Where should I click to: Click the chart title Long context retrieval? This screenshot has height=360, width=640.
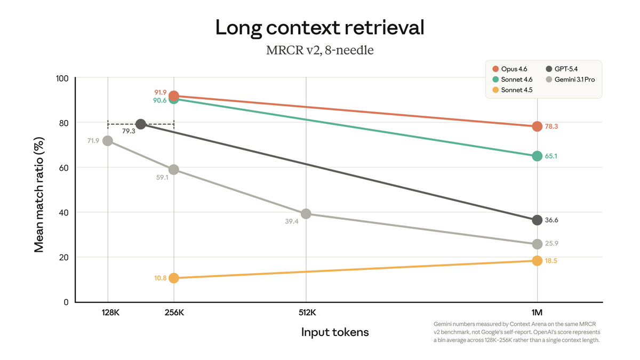click(319, 28)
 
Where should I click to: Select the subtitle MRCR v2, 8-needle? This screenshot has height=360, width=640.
click(319, 51)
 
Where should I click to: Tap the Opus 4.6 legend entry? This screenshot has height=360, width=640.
click(511, 69)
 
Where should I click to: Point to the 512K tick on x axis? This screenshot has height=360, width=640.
click(306, 313)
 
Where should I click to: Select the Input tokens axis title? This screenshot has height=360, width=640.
click(335, 332)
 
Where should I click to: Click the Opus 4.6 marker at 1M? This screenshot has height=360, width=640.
click(537, 126)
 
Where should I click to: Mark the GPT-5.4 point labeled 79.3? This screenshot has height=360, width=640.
click(141, 124)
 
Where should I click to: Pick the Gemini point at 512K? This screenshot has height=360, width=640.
click(306, 214)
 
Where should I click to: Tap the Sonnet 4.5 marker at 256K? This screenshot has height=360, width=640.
click(173, 278)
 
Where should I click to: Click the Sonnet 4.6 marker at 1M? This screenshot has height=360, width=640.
click(537, 156)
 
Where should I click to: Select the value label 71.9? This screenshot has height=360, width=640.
click(93, 141)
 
